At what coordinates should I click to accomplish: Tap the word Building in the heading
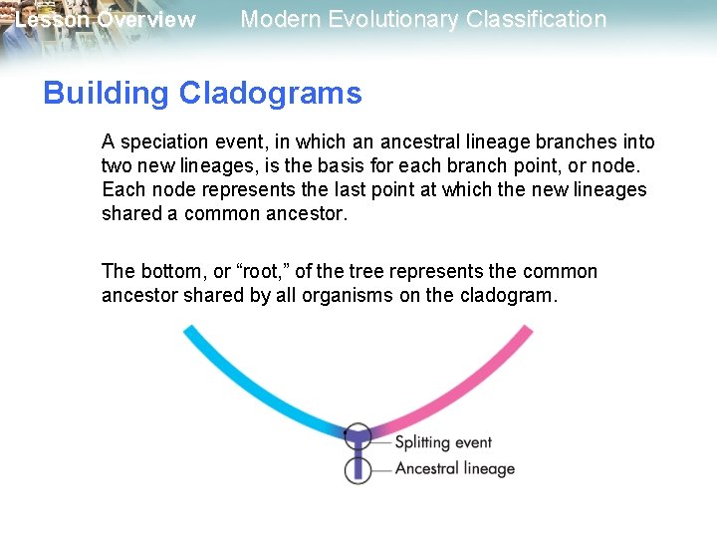107,94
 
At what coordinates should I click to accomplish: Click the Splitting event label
443,442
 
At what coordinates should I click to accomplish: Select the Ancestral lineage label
454,468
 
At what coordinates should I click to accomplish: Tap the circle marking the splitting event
358,436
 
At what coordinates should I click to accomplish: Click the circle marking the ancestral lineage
358,469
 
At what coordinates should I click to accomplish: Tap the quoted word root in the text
259,272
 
